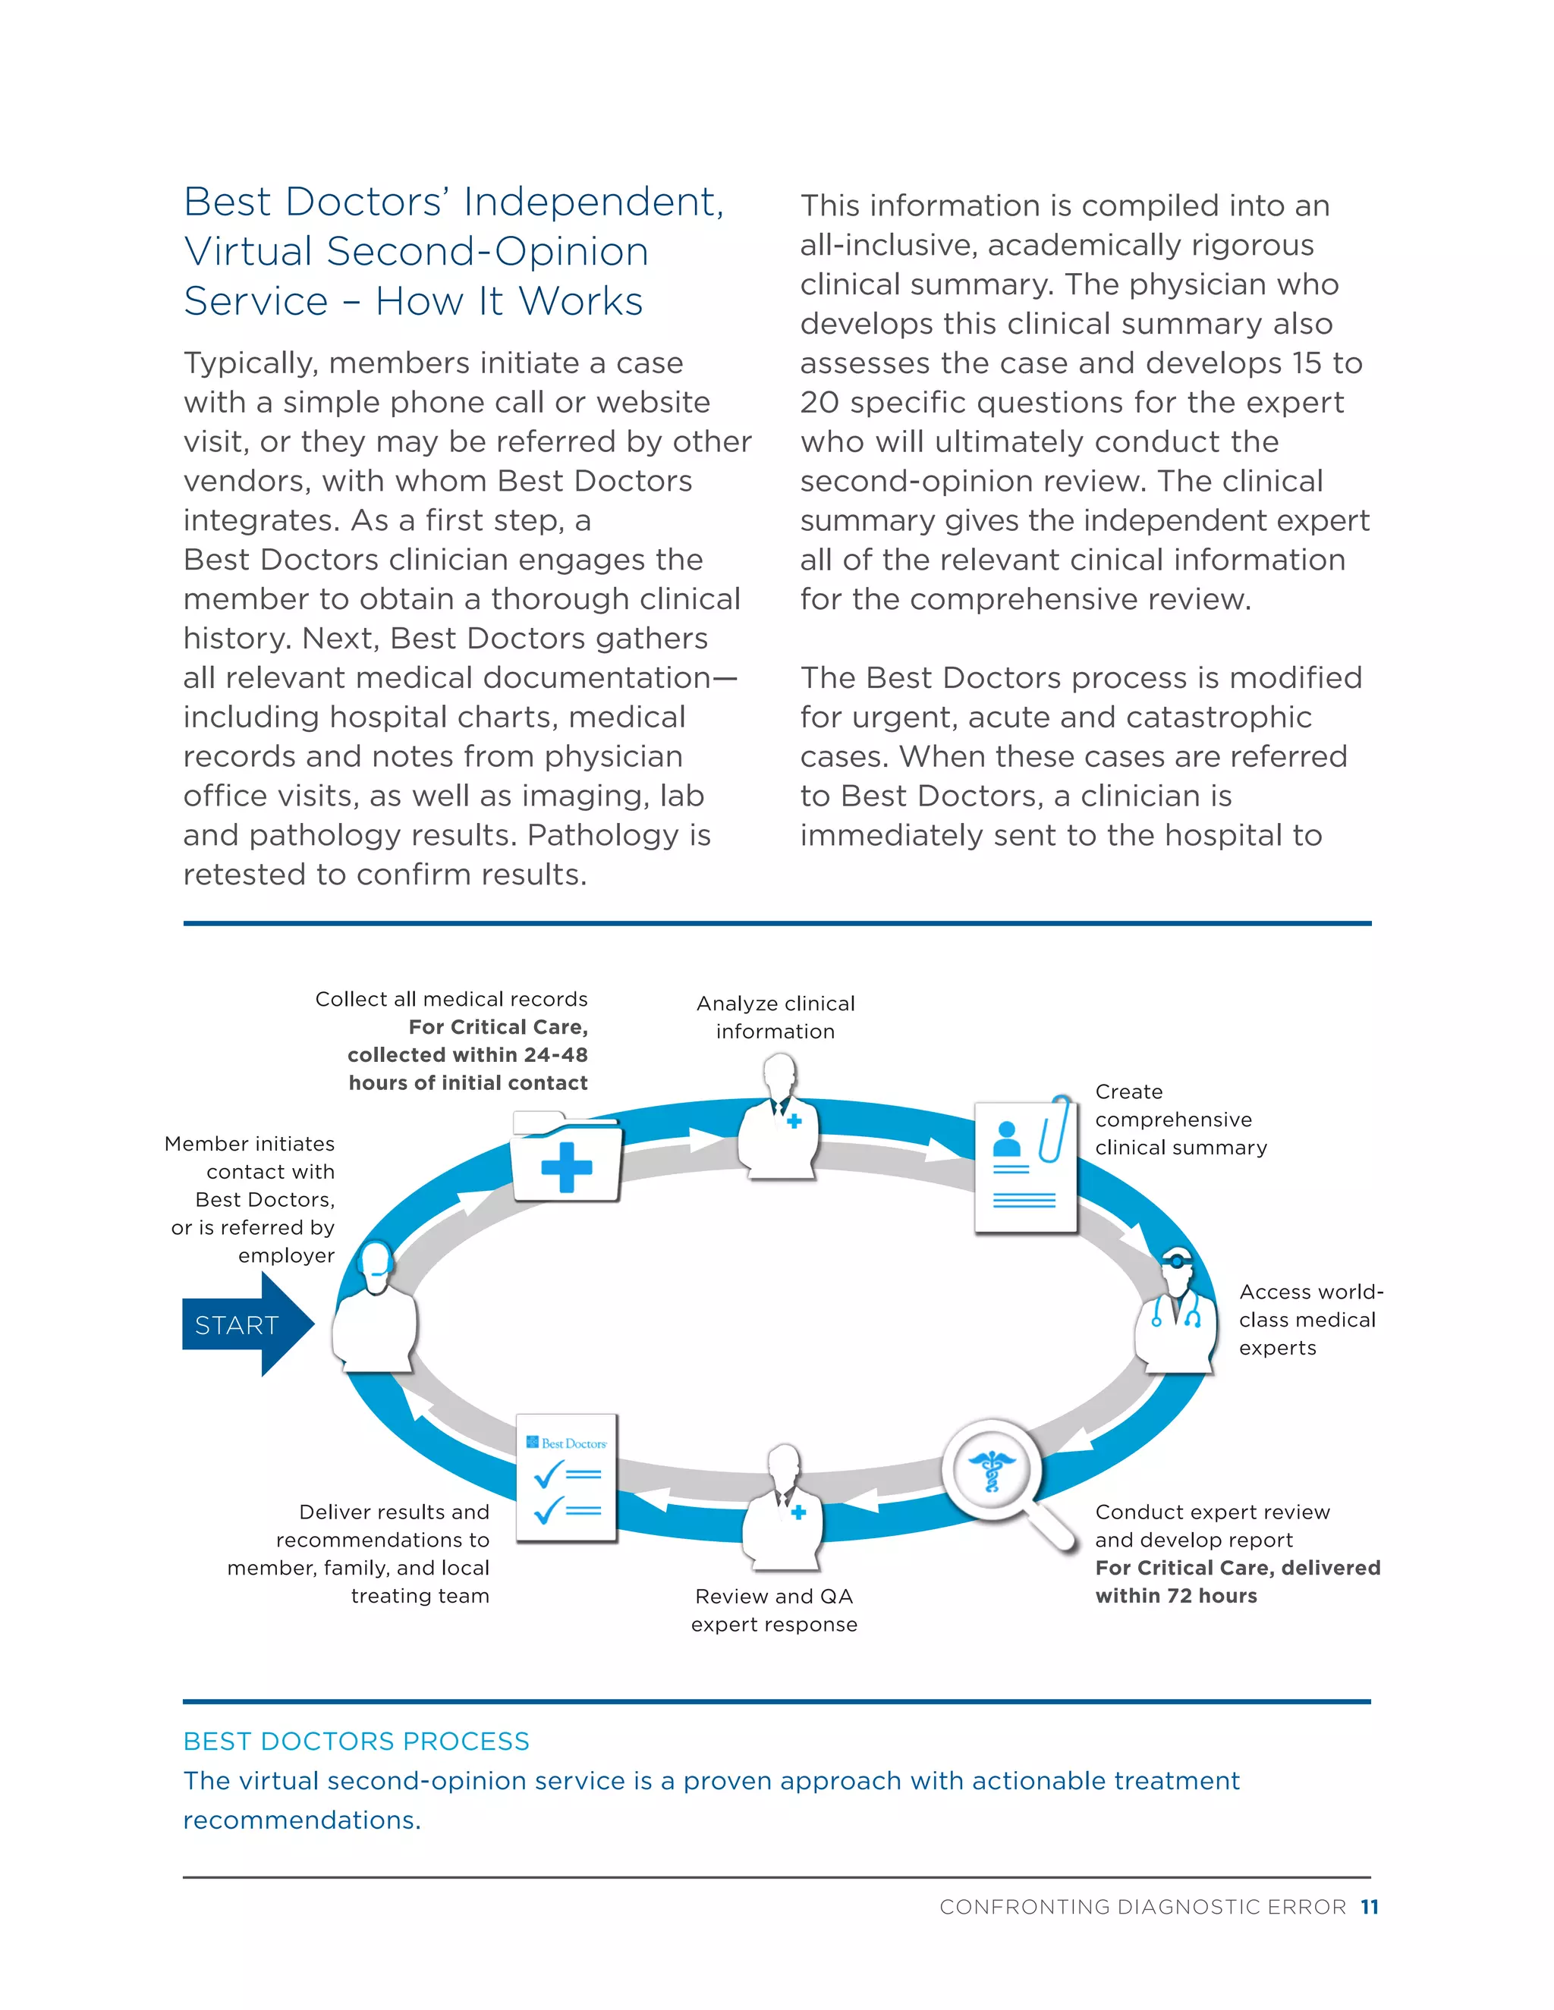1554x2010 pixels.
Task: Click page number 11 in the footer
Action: [x=1369, y=1907]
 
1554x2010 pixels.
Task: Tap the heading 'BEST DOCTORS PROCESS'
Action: [x=357, y=1741]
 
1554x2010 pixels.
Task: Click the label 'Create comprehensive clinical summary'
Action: [x=1180, y=1119]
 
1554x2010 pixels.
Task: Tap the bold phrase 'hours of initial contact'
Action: [x=467, y=1083]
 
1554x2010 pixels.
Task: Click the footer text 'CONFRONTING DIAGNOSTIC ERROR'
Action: [x=1141, y=1907]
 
